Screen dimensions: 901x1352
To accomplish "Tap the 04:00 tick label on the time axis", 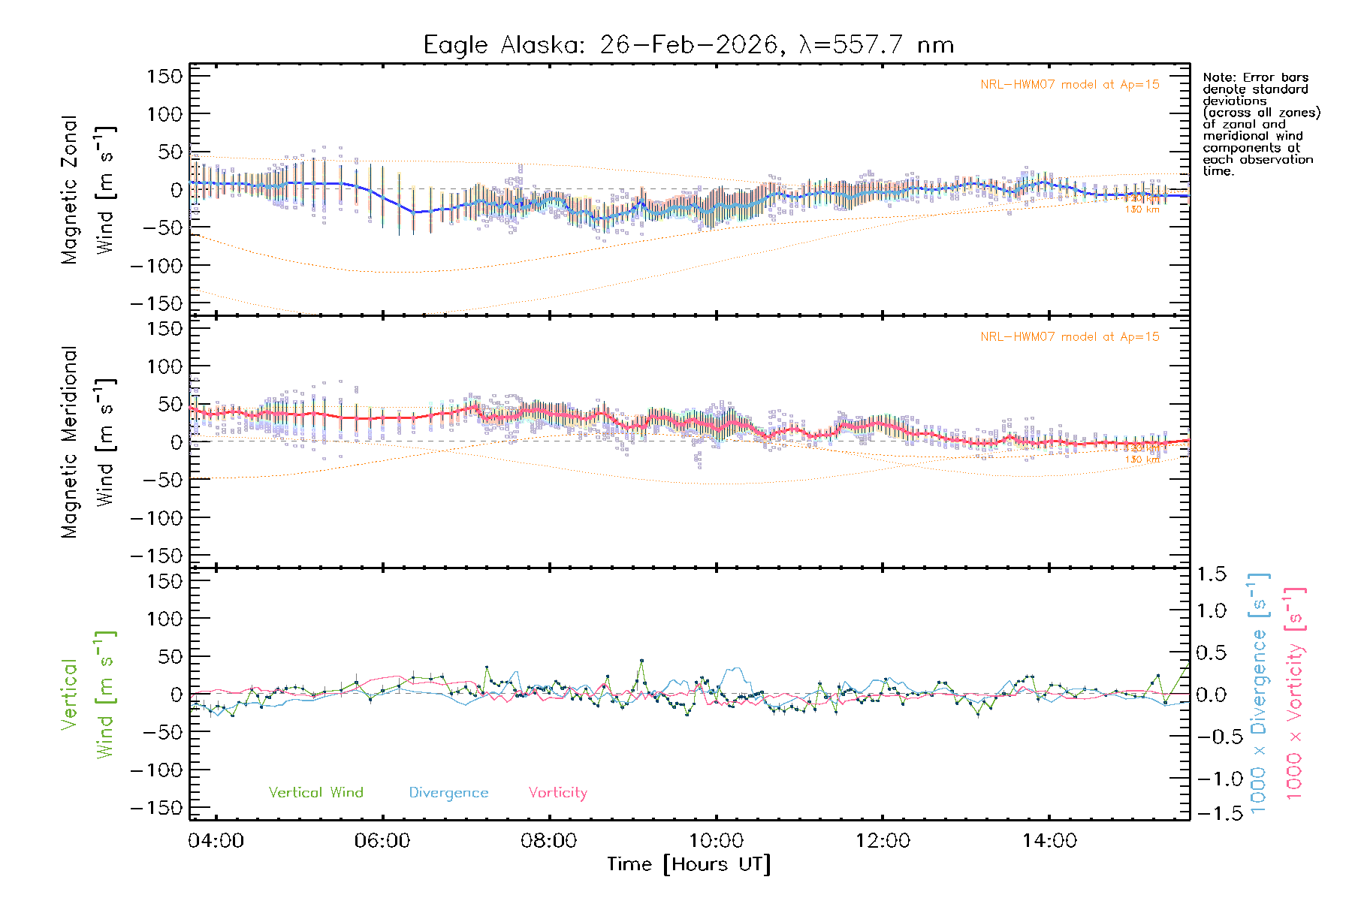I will pyautogui.click(x=216, y=841).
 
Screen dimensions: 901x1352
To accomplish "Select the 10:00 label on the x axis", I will pyautogui.click(x=716, y=841).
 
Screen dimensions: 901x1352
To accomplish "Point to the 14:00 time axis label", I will pyautogui.click(x=1049, y=841).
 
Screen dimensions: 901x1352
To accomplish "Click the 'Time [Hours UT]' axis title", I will pyautogui.click(x=689, y=864).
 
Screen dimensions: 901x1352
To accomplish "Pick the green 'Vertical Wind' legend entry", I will pyautogui.click(x=315, y=793).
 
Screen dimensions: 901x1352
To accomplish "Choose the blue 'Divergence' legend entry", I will pyautogui.click(x=448, y=793).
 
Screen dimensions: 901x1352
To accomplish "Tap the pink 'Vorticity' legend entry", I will pyautogui.click(x=557, y=793).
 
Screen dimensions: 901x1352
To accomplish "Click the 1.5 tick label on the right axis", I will pyautogui.click(x=1212, y=574).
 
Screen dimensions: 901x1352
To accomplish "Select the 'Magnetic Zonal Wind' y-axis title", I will pyautogui.click(x=89, y=189).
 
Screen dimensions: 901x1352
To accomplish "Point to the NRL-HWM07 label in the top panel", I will pyautogui.click(x=1070, y=85).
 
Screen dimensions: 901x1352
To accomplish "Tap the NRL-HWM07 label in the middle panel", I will pyautogui.click(x=1070, y=337).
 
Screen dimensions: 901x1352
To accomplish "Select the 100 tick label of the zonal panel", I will pyautogui.click(x=164, y=114).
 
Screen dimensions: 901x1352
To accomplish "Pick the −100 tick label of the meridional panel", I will pyautogui.click(x=157, y=518).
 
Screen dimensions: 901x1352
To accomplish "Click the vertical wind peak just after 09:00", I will pyautogui.click(x=641, y=661).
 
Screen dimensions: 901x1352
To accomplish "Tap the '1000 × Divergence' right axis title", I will pyautogui.click(x=1258, y=693).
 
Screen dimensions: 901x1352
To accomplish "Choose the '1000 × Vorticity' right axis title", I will pyautogui.click(x=1294, y=693).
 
